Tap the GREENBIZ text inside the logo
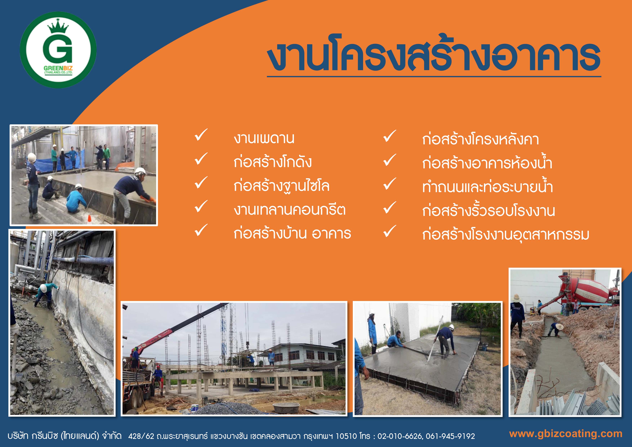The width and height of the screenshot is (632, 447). [x=58, y=68]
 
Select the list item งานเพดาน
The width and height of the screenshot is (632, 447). [x=264, y=138]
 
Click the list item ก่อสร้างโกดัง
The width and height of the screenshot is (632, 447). [x=273, y=162]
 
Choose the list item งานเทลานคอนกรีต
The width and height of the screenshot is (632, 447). [x=290, y=210]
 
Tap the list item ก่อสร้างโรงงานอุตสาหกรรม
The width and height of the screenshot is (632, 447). [x=506, y=234]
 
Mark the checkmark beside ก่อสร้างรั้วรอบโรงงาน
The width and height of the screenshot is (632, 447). [x=390, y=208]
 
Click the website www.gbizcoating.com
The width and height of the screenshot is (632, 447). [x=566, y=434]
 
